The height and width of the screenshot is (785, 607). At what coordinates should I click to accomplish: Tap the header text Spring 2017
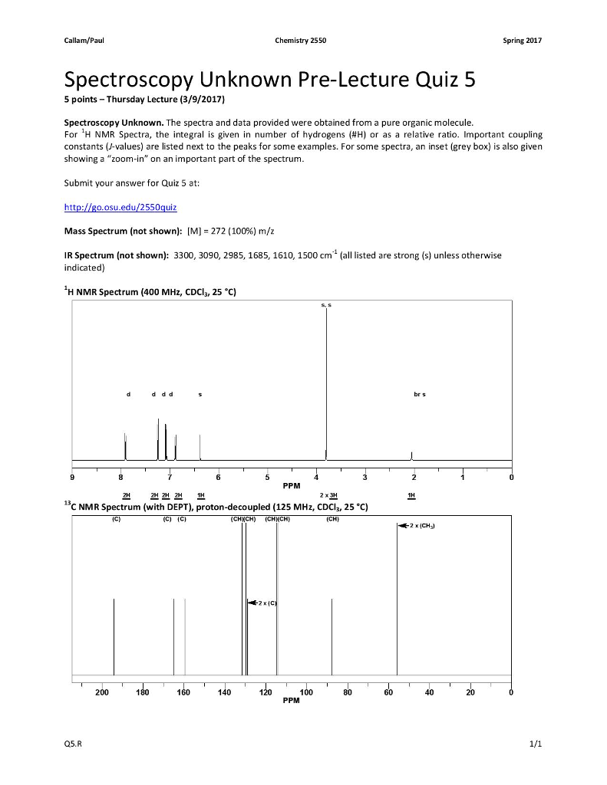(523, 40)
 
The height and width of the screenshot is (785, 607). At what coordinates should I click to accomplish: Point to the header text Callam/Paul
(83, 40)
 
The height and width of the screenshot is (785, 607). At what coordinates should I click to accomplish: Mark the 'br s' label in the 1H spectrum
(419, 395)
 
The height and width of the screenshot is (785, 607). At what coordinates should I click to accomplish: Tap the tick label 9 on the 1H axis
(72, 477)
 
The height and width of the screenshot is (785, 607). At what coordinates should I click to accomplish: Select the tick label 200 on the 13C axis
(101, 693)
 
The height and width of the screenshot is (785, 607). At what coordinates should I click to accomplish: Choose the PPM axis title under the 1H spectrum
(292, 485)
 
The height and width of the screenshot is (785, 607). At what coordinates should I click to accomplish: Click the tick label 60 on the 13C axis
(388, 693)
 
